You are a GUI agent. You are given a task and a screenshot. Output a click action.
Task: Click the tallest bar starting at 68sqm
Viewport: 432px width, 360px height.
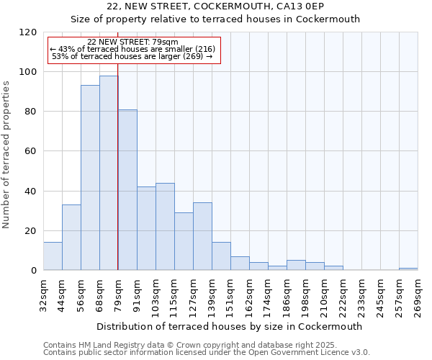pos(109,173)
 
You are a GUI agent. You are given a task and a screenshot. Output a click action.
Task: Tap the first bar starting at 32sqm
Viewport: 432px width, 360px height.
pos(53,256)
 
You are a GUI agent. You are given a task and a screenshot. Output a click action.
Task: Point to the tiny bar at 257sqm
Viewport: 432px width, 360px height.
pos(408,269)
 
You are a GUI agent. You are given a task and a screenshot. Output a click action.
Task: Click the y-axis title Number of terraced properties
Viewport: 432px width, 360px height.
pos(6,155)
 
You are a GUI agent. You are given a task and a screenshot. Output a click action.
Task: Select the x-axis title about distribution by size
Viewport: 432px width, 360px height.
pos(229,326)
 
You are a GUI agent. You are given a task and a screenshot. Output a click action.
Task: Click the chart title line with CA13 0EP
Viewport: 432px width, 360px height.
pos(215,6)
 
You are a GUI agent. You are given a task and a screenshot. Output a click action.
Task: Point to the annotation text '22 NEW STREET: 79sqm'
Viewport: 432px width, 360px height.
pos(132,42)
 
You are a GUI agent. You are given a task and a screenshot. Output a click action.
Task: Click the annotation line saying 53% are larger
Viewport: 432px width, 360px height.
pos(132,56)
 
